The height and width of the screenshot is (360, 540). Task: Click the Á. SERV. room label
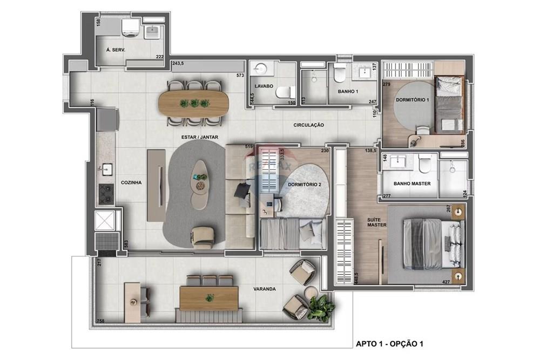tap(116, 49)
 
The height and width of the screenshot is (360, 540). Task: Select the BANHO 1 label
tap(348, 92)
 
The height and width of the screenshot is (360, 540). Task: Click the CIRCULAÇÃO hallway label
tap(308, 125)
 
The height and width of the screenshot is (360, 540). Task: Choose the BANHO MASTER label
tap(412, 184)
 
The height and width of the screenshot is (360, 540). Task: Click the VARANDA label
tap(265, 289)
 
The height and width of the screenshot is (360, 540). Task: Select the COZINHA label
tap(131, 183)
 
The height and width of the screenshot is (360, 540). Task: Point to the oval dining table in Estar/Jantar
tap(193, 103)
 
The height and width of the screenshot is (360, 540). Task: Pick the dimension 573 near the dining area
tap(240, 76)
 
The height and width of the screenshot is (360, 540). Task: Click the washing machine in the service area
tap(130, 27)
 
